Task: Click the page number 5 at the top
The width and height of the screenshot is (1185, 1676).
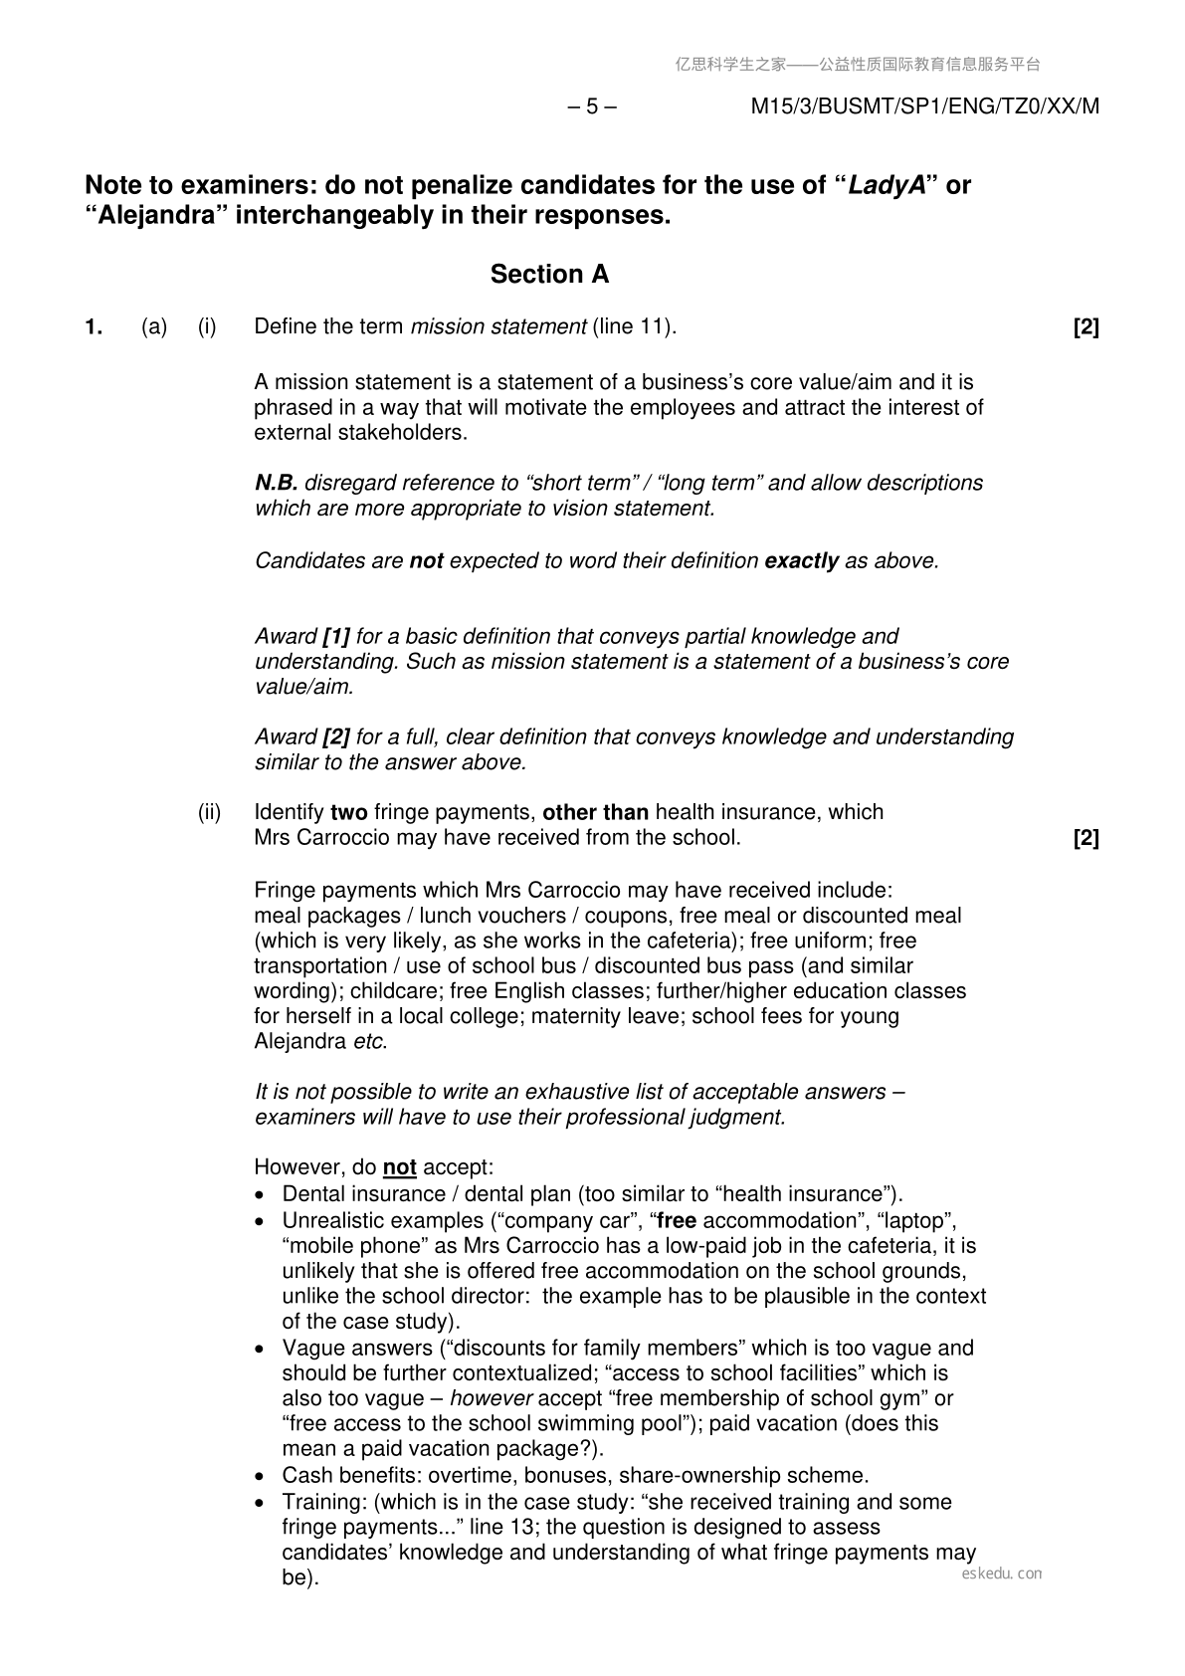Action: (x=592, y=106)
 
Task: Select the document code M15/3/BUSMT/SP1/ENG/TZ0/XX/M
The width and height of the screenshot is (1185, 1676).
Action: (x=924, y=106)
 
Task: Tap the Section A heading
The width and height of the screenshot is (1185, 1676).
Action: (x=549, y=275)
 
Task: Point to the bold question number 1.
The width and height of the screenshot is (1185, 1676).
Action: (x=94, y=326)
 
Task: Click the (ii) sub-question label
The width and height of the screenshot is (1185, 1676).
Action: (x=209, y=812)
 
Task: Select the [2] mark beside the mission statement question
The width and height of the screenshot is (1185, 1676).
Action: (x=1086, y=326)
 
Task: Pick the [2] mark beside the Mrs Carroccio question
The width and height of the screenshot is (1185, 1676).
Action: (x=1086, y=838)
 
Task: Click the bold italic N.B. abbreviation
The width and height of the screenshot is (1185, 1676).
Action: (x=276, y=483)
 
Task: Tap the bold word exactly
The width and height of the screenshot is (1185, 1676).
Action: (x=801, y=560)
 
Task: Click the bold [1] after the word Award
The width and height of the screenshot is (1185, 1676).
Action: (x=336, y=636)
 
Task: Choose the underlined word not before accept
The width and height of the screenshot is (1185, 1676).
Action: (x=399, y=1167)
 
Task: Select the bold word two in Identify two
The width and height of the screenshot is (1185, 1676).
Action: (x=348, y=812)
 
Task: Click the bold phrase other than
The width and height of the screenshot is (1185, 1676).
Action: (x=595, y=812)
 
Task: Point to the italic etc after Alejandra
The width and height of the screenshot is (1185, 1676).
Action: (x=369, y=1042)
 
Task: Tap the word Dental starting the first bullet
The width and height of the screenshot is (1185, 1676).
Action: (x=312, y=1194)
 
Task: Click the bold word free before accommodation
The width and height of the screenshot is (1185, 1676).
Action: (x=677, y=1220)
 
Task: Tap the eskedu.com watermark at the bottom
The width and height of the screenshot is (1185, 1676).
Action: (x=1002, y=1573)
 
